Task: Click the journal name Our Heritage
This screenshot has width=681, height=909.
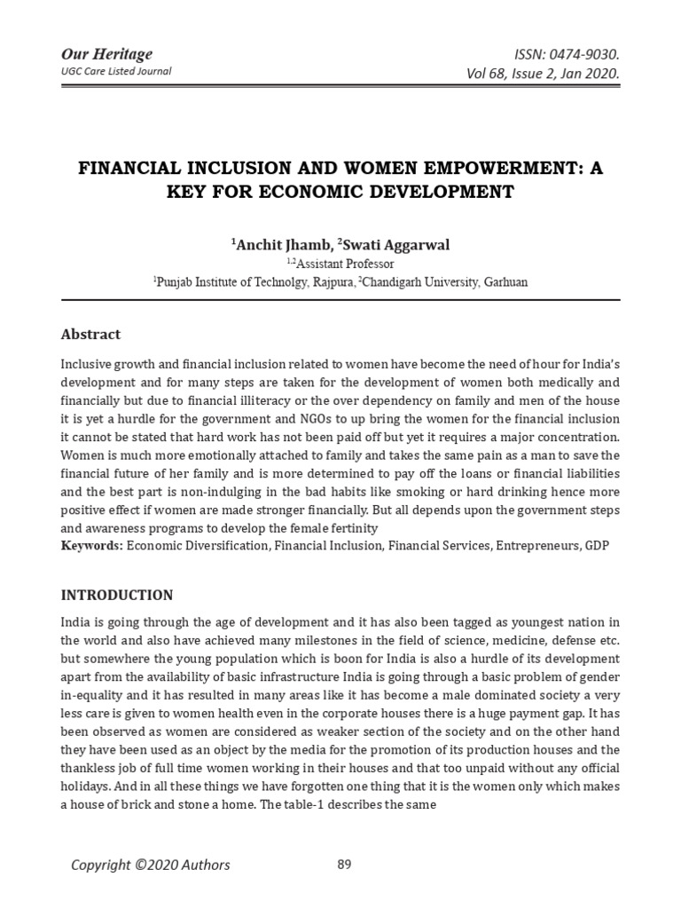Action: click(x=106, y=54)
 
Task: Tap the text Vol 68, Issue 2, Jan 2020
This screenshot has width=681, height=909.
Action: click(x=543, y=73)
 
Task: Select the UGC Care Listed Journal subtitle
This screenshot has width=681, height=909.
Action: click(x=116, y=71)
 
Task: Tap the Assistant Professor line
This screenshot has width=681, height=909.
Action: click(x=344, y=263)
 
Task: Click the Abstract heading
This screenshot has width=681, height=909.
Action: click(x=90, y=335)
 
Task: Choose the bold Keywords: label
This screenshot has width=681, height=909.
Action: click(x=91, y=545)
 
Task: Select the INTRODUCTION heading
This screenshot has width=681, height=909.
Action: click(x=117, y=595)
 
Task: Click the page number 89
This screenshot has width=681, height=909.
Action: click(x=345, y=864)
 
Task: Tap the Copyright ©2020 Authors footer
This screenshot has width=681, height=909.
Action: click(x=151, y=865)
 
